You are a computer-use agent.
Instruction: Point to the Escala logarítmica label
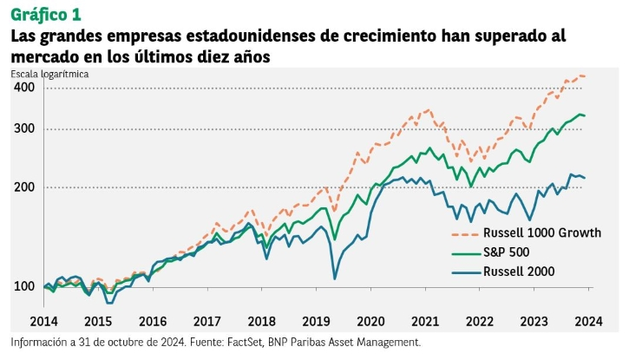49,74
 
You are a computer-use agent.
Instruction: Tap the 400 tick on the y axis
24,88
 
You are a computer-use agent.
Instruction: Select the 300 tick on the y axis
24,129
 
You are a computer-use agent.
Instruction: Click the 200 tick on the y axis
24,187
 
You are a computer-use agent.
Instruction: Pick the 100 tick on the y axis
24,287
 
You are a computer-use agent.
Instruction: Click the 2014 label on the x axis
43,321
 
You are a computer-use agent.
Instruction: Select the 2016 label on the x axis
153,321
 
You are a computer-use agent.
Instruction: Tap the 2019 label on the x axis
316,321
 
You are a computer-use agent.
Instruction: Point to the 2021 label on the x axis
425,321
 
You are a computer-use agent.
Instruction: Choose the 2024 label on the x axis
589,321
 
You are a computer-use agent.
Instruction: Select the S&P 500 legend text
507,252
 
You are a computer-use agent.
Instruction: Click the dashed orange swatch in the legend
466,232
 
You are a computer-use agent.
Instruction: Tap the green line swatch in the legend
466,252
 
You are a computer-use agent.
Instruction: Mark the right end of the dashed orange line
586,76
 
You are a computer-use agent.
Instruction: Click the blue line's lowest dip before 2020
335,278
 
